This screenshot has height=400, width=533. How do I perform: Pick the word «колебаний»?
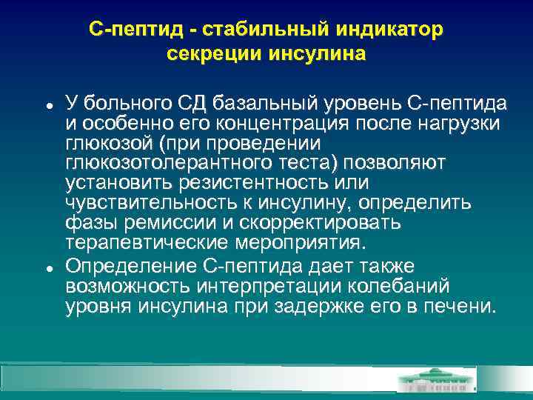coord(400,286)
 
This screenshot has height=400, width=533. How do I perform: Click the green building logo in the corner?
coord(437,379)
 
